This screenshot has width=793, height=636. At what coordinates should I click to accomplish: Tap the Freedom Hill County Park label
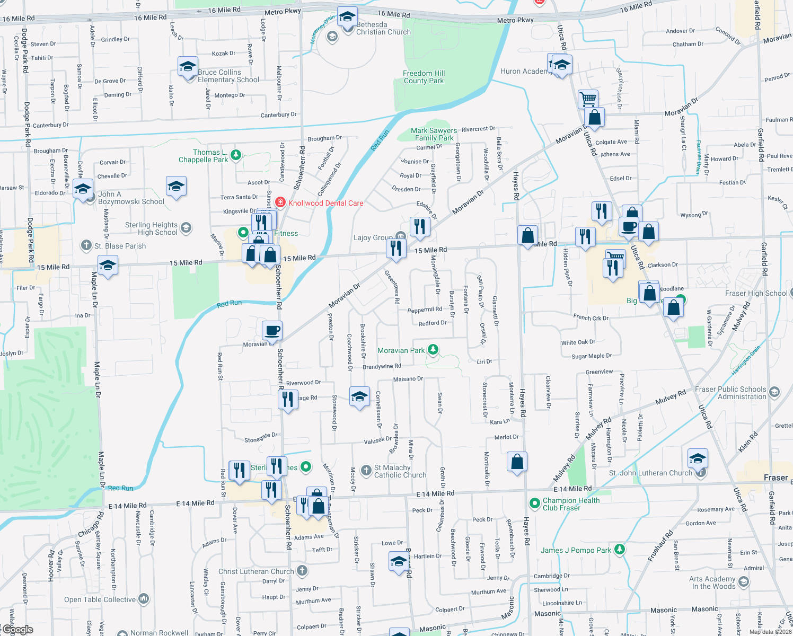(x=424, y=77)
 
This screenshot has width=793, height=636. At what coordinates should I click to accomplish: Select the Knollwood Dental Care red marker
(x=280, y=202)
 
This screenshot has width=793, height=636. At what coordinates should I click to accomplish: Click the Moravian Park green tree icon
(x=433, y=349)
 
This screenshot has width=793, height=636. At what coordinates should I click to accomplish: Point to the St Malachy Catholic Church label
(x=400, y=471)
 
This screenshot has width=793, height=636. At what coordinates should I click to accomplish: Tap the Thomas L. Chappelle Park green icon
(x=236, y=155)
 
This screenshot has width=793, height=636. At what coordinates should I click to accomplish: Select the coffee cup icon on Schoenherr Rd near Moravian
(x=272, y=331)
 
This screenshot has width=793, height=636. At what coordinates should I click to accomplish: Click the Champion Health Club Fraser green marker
(x=535, y=502)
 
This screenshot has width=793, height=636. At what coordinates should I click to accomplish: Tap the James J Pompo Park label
(x=576, y=550)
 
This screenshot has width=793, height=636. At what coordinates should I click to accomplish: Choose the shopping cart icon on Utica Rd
(x=588, y=99)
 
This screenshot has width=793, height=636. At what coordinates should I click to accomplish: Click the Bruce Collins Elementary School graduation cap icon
(x=188, y=67)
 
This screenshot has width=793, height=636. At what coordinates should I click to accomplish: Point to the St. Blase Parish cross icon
(x=86, y=245)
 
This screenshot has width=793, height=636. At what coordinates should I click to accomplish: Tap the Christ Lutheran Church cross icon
(x=302, y=570)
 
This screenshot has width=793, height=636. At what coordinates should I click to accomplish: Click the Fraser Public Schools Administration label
(x=730, y=393)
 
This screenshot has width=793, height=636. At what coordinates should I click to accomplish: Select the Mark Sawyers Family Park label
(x=434, y=134)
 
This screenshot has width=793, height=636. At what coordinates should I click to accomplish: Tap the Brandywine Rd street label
(x=382, y=366)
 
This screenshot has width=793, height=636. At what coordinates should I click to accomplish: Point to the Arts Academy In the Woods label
(x=712, y=582)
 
